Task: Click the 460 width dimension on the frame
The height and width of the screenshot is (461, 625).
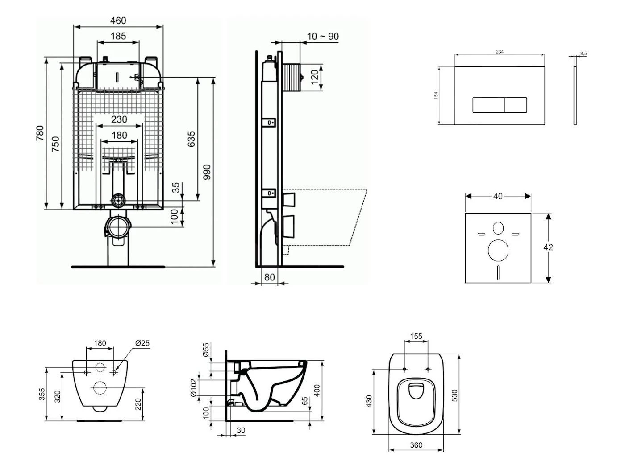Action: point(118,21)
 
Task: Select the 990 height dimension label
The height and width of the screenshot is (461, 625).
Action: point(207,172)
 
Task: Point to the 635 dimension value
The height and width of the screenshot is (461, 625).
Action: point(191,139)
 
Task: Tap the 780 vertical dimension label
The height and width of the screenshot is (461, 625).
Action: point(40,133)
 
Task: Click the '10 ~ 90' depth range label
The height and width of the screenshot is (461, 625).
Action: point(323,36)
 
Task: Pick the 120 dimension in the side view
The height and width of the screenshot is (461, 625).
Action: point(315,77)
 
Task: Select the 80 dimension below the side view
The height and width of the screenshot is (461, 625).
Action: point(269,277)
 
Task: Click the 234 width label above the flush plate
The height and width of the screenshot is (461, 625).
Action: point(500,52)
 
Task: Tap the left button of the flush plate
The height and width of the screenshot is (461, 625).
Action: point(488,105)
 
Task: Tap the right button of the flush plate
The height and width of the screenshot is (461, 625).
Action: point(516,105)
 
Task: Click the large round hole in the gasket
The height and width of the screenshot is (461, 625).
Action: point(498,250)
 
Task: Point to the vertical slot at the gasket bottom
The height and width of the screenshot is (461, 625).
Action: point(498,272)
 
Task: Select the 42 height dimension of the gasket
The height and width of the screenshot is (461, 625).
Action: point(548,247)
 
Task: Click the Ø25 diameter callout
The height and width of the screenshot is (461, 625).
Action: point(142,343)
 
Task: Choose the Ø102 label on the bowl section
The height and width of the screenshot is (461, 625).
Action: point(193,388)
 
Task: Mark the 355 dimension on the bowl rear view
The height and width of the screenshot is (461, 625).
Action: point(42,394)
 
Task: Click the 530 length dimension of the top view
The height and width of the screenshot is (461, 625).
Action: point(454,395)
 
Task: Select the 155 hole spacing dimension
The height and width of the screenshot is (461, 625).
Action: point(416,337)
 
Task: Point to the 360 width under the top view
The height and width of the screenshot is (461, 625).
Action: point(416,445)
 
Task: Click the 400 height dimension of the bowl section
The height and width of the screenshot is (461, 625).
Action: point(317,391)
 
